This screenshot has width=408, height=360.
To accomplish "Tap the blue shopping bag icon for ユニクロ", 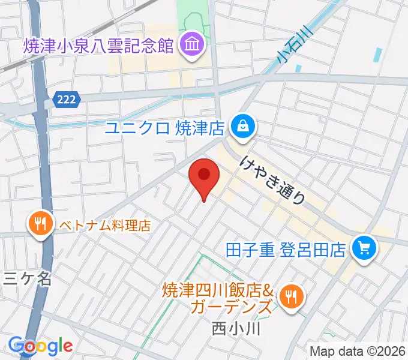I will tap(243, 127).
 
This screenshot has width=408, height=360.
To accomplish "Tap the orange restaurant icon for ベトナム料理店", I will tap(40, 224).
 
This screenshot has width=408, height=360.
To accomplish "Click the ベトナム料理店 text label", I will tap(104, 226).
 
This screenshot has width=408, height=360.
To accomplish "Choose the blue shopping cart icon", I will tap(364, 247).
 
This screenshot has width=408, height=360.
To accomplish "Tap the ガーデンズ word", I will tap(230, 308).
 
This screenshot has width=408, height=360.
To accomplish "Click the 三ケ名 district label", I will tap(20, 278).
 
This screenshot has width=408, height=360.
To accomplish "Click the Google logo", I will tap(40, 346).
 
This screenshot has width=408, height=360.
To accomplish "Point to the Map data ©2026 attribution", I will tap(358, 351).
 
